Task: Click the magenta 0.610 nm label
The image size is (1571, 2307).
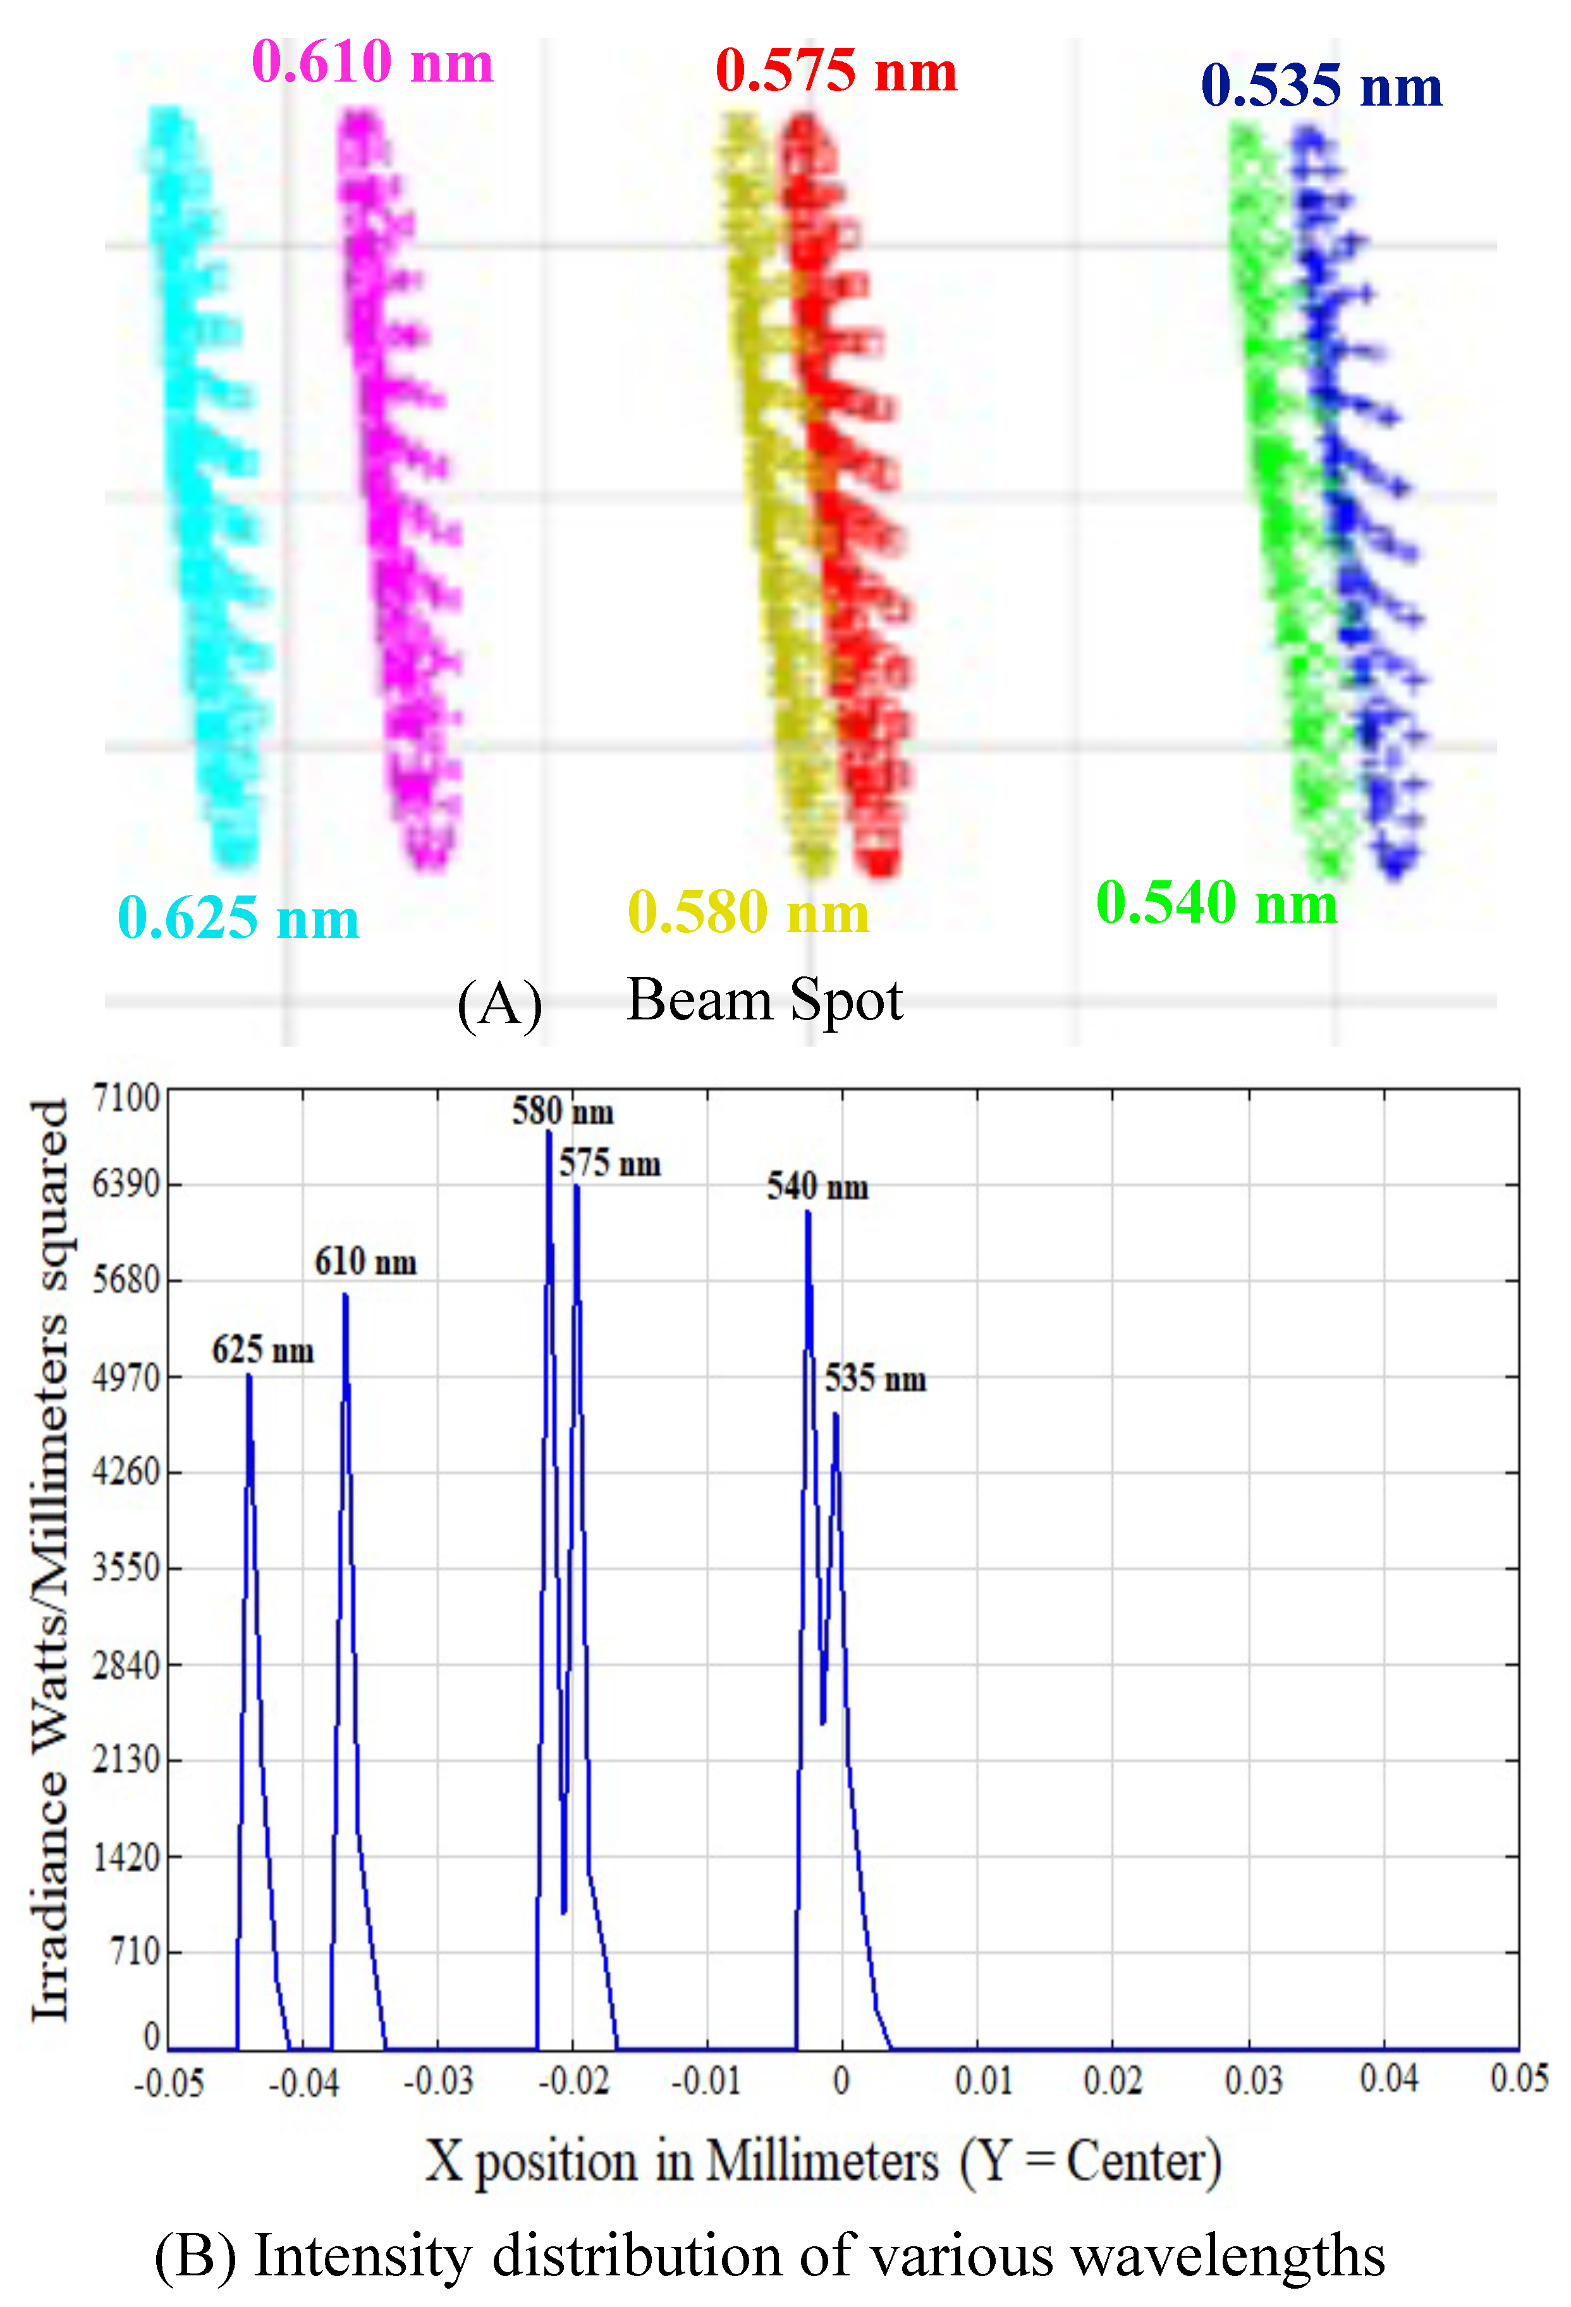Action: (372, 61)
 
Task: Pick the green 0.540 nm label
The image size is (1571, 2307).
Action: (1217, 902)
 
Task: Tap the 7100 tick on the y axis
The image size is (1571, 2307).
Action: (126, 1098)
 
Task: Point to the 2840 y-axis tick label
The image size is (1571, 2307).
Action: (126, 1664)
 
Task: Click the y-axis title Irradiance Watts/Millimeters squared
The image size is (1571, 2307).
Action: (49, 1558)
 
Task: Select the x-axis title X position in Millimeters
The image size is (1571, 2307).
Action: (824, 2161)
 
